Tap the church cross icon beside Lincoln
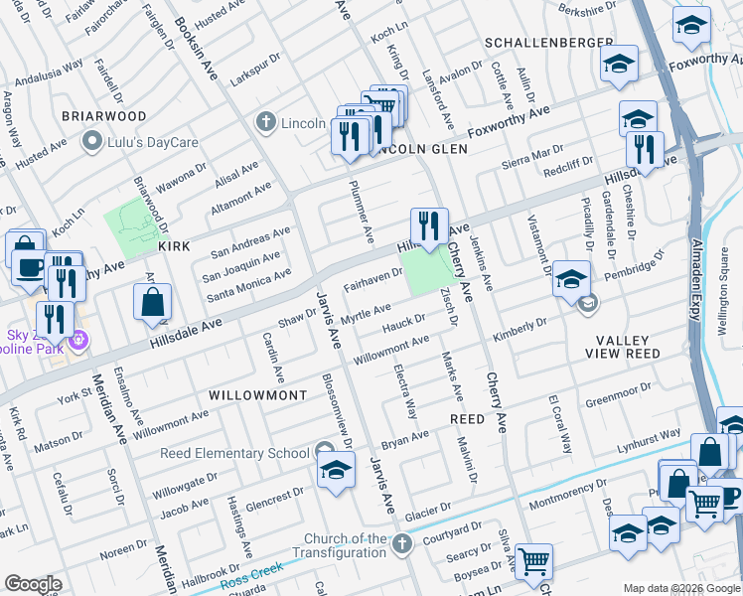[264, 123]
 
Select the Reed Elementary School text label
[235, 454]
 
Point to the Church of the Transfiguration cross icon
[401, 544]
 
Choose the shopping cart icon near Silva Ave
[533, 563]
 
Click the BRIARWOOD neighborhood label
[104, 116]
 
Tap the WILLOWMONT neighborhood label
[258, 395]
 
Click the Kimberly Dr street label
[520, 329]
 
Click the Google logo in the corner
[33, 584]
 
